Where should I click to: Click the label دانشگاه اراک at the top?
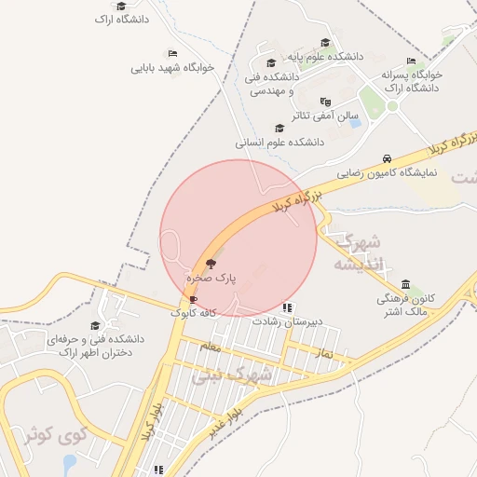120,19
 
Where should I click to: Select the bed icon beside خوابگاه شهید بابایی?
172,53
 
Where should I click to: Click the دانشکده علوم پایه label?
325,56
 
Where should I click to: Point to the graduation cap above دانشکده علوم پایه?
325,42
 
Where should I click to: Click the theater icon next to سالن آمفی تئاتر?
325,102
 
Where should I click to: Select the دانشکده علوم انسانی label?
279,143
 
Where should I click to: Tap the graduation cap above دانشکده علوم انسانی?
279,129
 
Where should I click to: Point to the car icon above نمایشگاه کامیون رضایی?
387,158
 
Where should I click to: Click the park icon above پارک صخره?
210,264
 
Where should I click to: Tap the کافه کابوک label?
193,313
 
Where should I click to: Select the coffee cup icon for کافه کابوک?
193,299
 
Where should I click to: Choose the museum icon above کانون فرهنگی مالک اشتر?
405,284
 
